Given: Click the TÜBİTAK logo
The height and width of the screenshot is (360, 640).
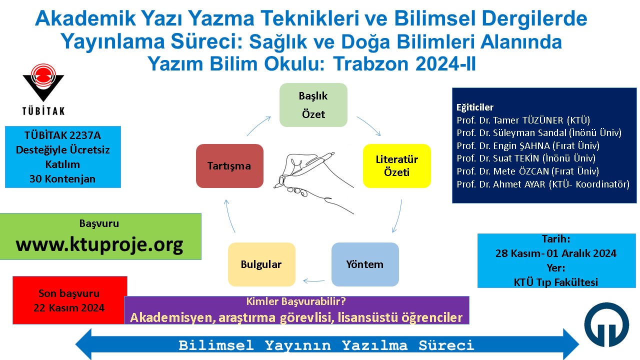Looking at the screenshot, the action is click(43, 89).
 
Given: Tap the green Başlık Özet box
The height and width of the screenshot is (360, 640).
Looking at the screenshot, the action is click(313, 105).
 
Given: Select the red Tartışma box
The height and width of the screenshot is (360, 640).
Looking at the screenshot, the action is click(229, 165).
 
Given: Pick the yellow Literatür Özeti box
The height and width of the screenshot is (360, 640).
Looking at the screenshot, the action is click(397, 165).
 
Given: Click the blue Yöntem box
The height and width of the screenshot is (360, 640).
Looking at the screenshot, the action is click(365, 264).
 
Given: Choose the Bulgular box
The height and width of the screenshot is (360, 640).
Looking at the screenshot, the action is click(261, 264).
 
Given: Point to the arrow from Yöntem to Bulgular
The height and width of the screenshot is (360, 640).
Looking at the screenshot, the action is click(313, 281).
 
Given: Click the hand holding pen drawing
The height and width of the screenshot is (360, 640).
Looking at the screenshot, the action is click(313, 183).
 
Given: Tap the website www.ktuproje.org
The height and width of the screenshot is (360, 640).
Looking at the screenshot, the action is click(99, 244).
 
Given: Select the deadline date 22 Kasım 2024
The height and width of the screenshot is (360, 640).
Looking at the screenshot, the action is click(69, 307).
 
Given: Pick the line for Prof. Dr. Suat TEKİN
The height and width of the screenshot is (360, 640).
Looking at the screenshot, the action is click(526, 158).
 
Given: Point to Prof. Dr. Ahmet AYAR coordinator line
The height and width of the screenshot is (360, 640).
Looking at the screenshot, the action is click(543, 184).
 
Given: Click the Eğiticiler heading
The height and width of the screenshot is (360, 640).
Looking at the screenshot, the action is click(475, 107).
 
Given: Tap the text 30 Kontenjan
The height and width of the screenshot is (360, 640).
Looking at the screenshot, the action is click(62, 179).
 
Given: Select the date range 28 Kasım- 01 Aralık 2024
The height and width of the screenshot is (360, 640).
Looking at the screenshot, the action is click(555, 253).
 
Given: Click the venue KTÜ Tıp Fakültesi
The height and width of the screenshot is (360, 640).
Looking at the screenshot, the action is click(555, 282).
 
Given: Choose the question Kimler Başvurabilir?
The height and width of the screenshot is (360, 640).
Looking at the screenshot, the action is click(296, 301).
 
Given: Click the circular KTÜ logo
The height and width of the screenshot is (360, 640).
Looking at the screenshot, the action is click(606, 324).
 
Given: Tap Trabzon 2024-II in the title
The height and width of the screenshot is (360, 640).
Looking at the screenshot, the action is click(404, 63).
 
